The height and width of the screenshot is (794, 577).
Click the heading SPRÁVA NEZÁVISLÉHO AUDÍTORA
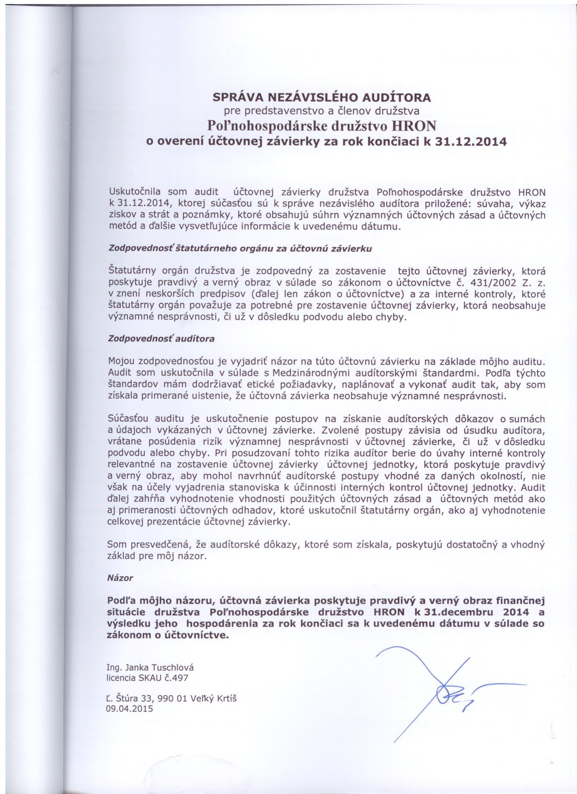(x=322, y=97)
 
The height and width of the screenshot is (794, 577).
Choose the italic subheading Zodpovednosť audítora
(x=162, y=339)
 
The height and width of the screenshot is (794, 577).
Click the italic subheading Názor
(x=120, y=578)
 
